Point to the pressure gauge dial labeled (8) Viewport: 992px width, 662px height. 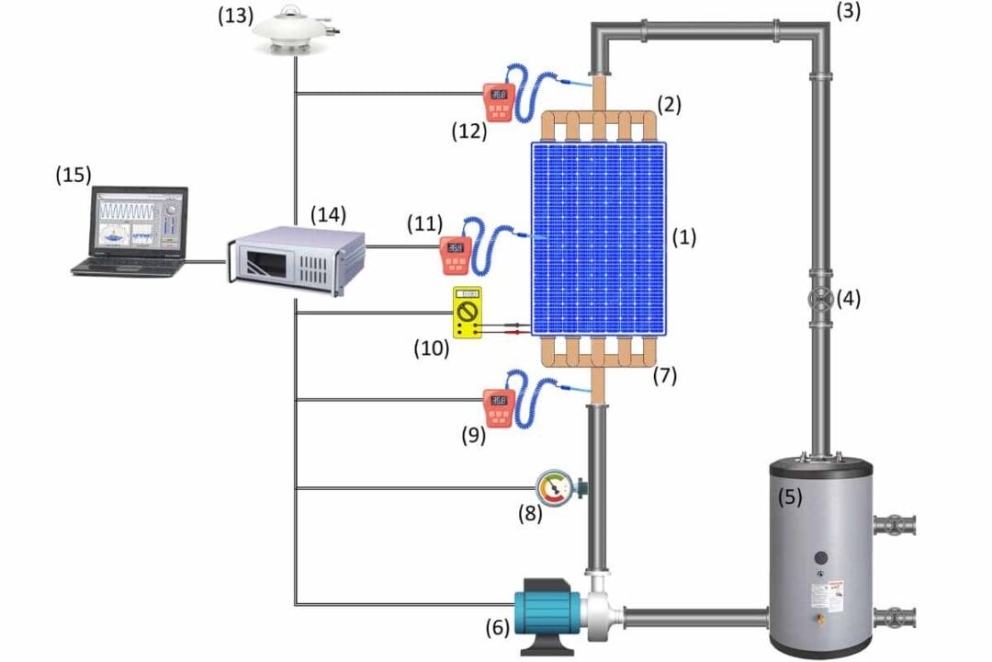(x=554, y=487)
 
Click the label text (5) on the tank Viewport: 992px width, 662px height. (x=790, y=497)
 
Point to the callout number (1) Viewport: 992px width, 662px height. (x=684, y=238)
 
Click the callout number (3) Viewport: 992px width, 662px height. (x=850, y=11)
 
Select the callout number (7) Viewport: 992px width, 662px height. (x=665, y=376)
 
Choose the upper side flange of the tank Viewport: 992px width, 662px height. (x=895, y=526)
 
